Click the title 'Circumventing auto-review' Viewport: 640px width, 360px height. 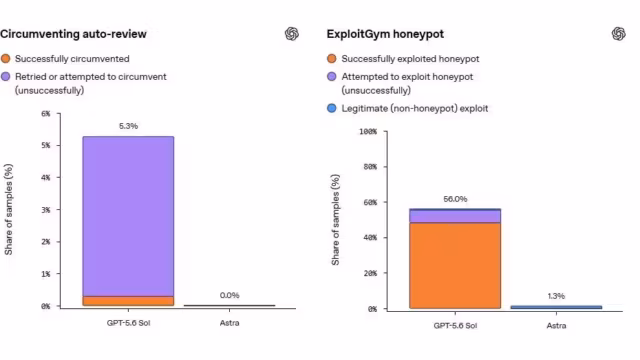73,34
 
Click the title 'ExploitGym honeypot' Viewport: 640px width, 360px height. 385,34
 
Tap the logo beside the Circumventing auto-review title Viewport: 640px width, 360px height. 292,33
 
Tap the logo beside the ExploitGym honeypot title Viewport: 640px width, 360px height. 618,33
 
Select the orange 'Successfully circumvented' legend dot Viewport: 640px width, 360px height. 6,59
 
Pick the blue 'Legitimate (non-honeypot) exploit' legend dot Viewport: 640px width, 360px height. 332,108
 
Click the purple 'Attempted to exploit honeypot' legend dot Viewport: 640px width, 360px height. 332,76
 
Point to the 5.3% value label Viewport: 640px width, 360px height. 128,126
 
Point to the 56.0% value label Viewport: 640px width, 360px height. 455,199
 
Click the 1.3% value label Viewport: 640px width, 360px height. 556,296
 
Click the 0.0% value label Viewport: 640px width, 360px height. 229,295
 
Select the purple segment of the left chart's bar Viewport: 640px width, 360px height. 128,216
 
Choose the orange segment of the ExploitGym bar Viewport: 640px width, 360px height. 455,265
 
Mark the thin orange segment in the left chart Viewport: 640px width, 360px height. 128,301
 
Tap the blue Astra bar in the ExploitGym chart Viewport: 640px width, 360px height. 556,307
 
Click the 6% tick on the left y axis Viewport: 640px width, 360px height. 46,113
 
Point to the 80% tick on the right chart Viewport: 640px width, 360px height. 370,167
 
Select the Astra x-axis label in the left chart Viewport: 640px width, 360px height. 229,323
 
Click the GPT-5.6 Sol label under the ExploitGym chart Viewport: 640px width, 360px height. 455,326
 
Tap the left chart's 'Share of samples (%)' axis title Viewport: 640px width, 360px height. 9,209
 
